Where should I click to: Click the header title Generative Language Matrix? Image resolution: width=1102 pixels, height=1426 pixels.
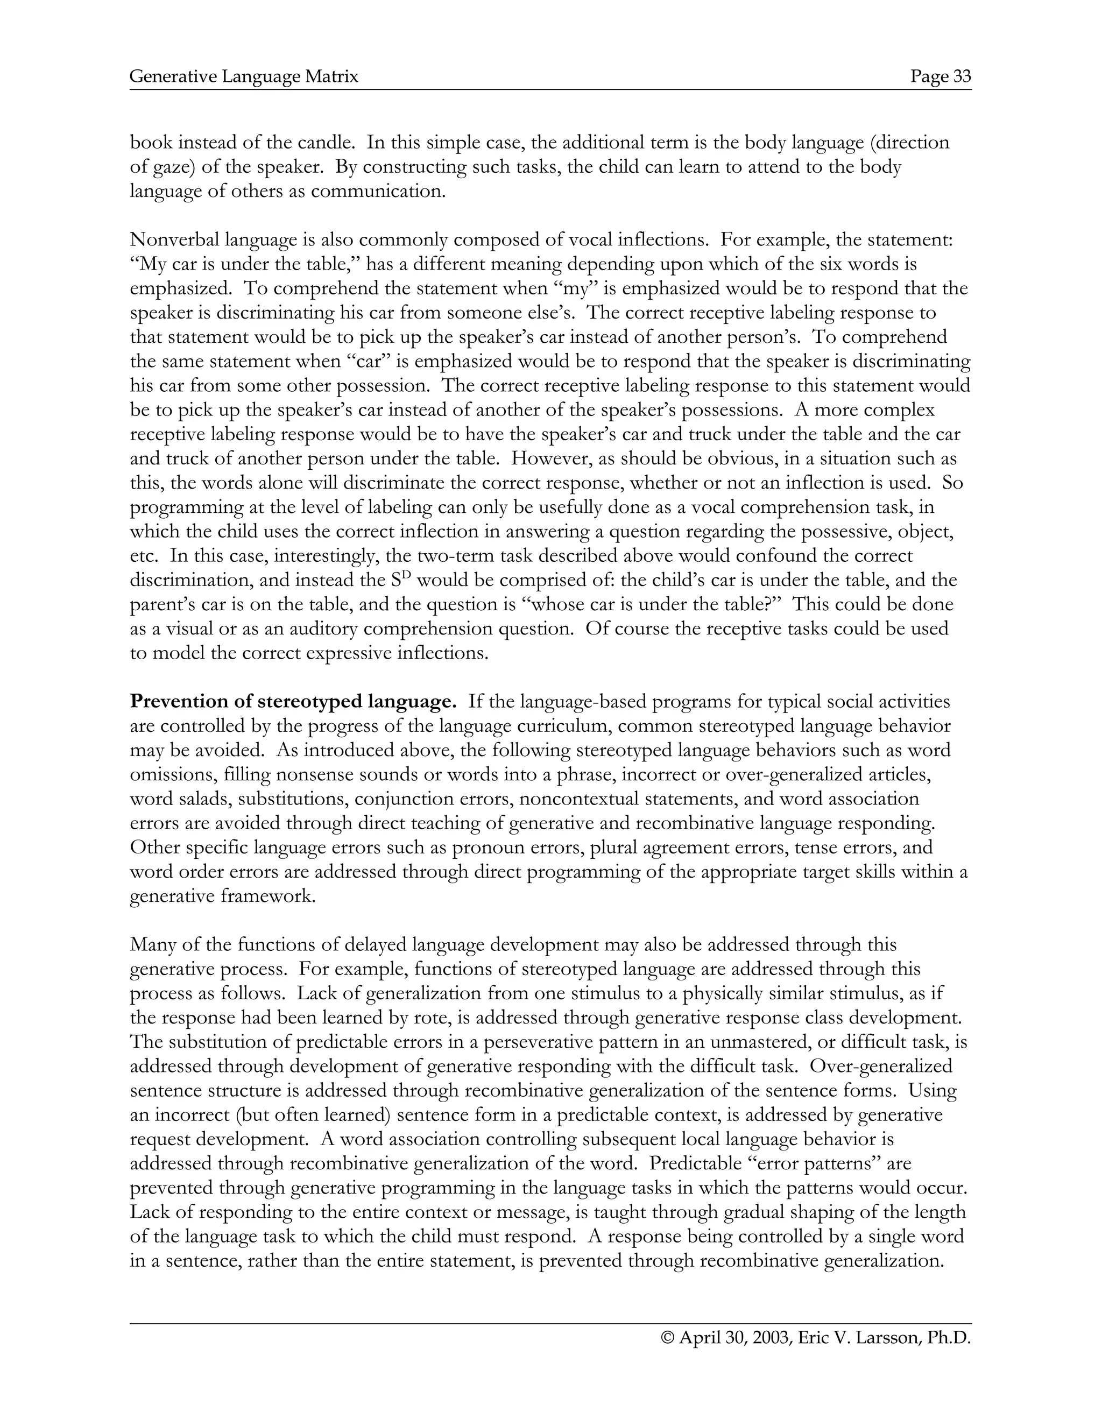[x=244, y=77]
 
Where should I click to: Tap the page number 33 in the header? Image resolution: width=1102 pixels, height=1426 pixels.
[x=962, y=77]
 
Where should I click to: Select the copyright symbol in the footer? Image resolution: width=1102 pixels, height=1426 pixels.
[x=667, y=1338]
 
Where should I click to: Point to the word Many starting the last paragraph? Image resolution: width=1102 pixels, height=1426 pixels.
[x=152, y=945]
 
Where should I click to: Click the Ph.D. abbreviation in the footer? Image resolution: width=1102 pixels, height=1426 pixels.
[x=949, y=1338]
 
